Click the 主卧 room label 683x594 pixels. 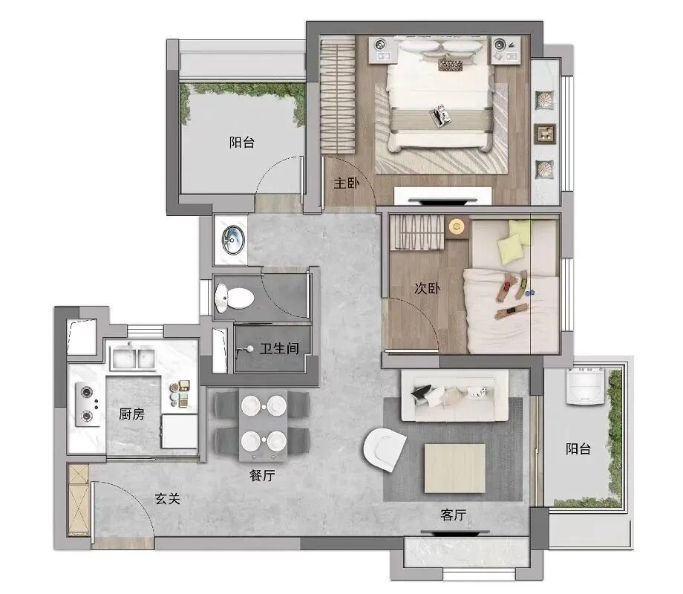[346, 183]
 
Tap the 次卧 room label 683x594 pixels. [427, 288]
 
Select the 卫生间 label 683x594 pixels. [279, 348]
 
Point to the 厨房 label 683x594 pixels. [131, 414]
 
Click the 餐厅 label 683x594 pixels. [262, 475]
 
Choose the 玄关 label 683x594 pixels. [167, 498]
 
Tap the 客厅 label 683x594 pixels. [453, 515]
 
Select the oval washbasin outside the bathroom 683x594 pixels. [233, 239]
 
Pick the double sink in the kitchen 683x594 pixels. [132, 358]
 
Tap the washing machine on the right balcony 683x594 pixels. [585, 386]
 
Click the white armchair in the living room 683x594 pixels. [384, 449]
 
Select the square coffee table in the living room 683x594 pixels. [455, 468]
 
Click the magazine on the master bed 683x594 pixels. [439, 116]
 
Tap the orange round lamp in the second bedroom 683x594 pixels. [457, 226]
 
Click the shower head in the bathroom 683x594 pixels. [249, 349]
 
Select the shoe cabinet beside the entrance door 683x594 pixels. [79, 500]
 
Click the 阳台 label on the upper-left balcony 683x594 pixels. [242, 142]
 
